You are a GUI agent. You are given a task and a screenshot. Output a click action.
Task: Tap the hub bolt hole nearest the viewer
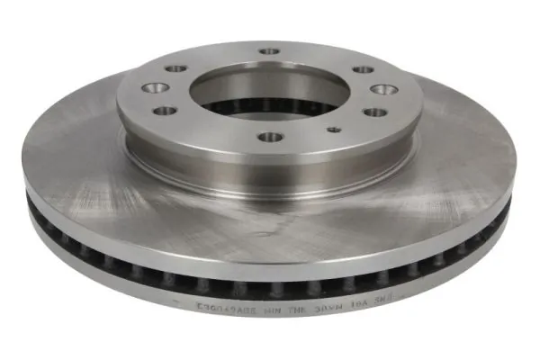[270, 138]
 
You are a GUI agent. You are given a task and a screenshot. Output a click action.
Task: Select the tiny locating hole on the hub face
[335, 129]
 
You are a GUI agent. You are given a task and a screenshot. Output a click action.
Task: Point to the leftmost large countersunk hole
[156, 88]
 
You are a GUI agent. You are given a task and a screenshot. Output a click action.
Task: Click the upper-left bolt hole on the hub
[176, 68]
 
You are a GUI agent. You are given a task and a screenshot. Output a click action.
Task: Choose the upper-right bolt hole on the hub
[363, 68]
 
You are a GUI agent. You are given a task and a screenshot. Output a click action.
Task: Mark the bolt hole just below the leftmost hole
[166, 111]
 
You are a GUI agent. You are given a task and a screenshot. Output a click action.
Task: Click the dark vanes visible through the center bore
[270, 112]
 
